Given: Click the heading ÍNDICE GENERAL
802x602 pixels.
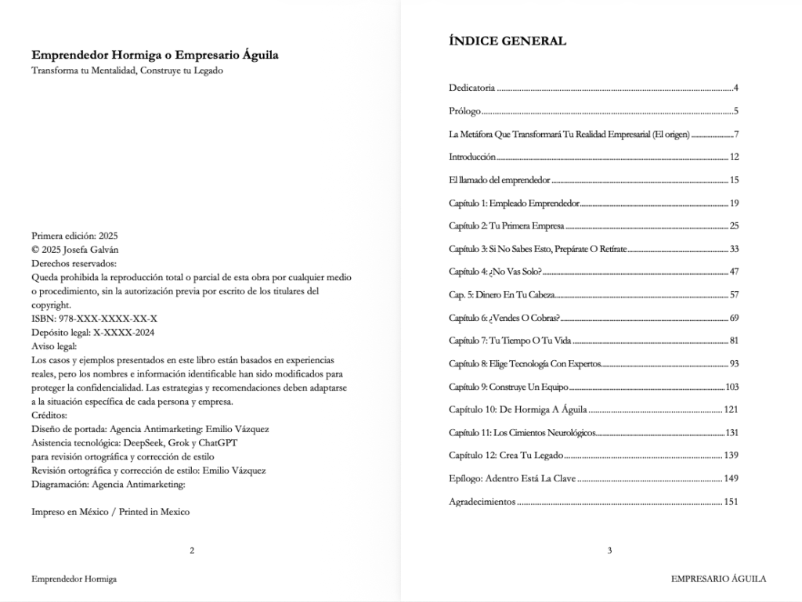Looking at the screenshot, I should (x=507, y=41).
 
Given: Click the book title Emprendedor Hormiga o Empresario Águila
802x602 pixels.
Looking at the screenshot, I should (x=155, y=56).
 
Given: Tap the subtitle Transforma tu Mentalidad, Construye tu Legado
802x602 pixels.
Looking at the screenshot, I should (x=127, y=70).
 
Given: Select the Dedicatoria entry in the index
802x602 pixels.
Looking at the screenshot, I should (x=471, y=88).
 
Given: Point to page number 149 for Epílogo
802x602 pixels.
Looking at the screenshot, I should (x=731, y=478).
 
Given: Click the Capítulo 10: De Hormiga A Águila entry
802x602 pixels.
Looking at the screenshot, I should (x=518, y=409).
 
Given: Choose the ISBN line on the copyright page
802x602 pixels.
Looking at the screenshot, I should (x=94, y=319).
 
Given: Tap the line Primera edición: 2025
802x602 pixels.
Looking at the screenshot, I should (x=74, y=236).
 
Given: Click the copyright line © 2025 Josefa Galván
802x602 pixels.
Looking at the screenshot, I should (x=75, y=250).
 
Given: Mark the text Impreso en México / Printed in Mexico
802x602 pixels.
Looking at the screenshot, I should (x=110, y=512).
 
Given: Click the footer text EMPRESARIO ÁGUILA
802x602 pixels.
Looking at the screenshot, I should (x=718, y=579).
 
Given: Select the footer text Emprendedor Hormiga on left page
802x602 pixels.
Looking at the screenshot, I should (x=74, y=579).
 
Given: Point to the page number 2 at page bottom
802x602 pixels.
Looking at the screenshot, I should (x=192, y=551).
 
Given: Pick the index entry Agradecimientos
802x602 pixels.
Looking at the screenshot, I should (x=482, y=502).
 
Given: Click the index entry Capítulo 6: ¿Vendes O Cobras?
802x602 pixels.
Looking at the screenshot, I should (x=504, y=318).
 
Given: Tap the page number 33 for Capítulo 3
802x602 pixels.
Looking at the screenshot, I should (x=734, y=249).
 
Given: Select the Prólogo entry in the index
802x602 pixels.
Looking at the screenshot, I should (x=464, y=111).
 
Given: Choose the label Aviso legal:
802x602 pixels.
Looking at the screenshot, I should (x=54, y=346).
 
